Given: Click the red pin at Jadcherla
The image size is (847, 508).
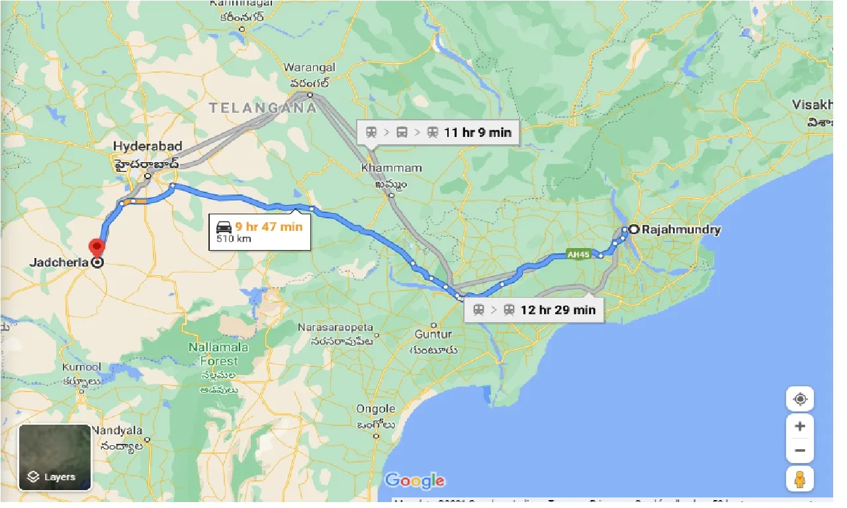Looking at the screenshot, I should point(97,249).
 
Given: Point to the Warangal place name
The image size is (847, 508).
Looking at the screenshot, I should point(309,67).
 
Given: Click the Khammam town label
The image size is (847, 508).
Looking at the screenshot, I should point(382,169).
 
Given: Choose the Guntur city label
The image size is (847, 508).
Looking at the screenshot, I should point(433,335).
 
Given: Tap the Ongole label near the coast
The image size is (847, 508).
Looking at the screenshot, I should point(375,409).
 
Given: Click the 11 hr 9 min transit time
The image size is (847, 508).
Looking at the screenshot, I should point(477,132).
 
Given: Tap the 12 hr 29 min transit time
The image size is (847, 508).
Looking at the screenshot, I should point(557,310).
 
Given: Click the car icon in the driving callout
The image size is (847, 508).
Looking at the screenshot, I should point(224,227).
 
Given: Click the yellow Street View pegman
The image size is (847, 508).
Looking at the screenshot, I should point(799,478).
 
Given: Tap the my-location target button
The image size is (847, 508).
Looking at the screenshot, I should point(799,400).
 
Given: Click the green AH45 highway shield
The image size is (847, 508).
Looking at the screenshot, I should point(578,254).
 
